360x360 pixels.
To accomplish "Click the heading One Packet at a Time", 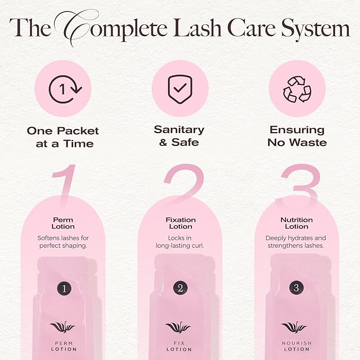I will (x=64, y=137).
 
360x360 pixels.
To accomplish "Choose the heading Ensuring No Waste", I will (x=297, y=136).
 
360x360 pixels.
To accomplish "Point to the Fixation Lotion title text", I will (x=181, y=223).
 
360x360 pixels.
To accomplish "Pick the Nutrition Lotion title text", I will (x=296, y=223).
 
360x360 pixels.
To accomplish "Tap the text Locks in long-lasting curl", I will (x=181, y=242).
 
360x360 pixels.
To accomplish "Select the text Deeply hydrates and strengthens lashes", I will (x=296, y=242).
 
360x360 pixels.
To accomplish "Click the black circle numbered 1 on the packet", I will (x=64, y=288).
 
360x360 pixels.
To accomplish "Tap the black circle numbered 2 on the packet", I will (x=180, y=288).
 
